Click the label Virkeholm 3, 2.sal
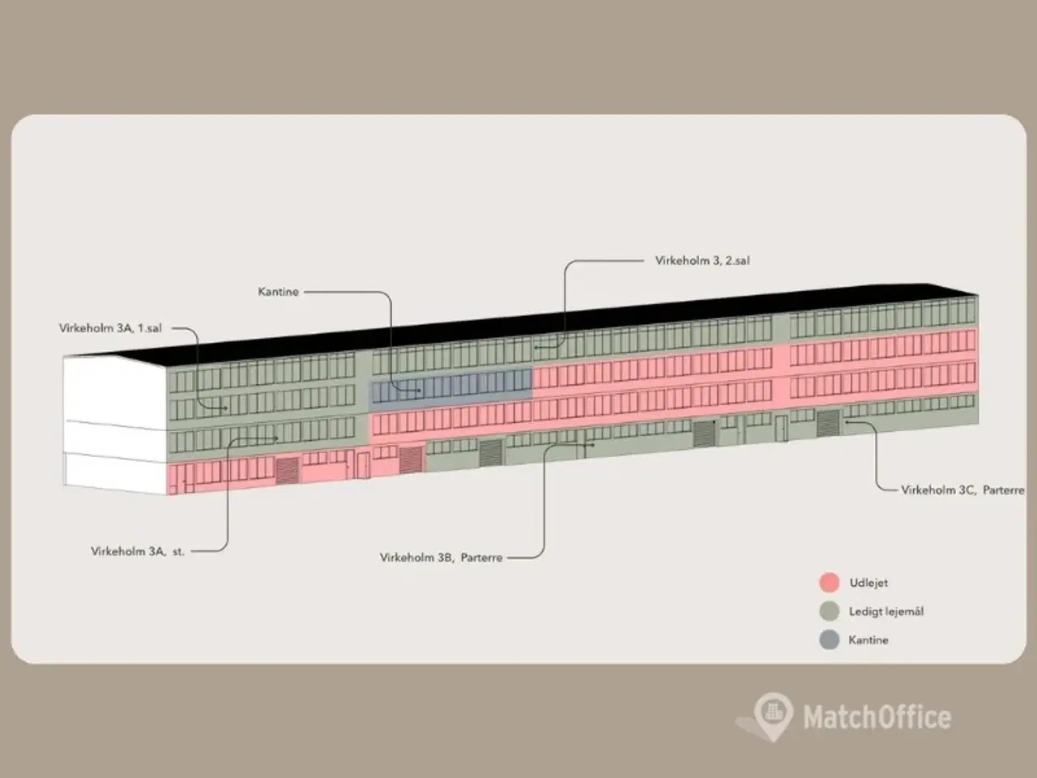coord(702,261)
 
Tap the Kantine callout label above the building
coord(278,292)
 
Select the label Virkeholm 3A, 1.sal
coord(110,328)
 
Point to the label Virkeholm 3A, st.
coord(138,551)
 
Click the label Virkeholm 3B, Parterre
coord(441,558)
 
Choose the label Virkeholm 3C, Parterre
coord(962,489)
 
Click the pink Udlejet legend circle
coord(829,583)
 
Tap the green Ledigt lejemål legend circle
coord(829,611)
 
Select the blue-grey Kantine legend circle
coord(829,639)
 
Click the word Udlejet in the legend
coord(868,583)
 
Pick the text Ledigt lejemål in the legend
coord(886,611)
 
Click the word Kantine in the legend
coord(868,639)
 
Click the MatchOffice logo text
coord(877,716)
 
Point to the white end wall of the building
coord(113,421)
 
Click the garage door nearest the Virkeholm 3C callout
coord(828,423)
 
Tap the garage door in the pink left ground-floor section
coord(288,470)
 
